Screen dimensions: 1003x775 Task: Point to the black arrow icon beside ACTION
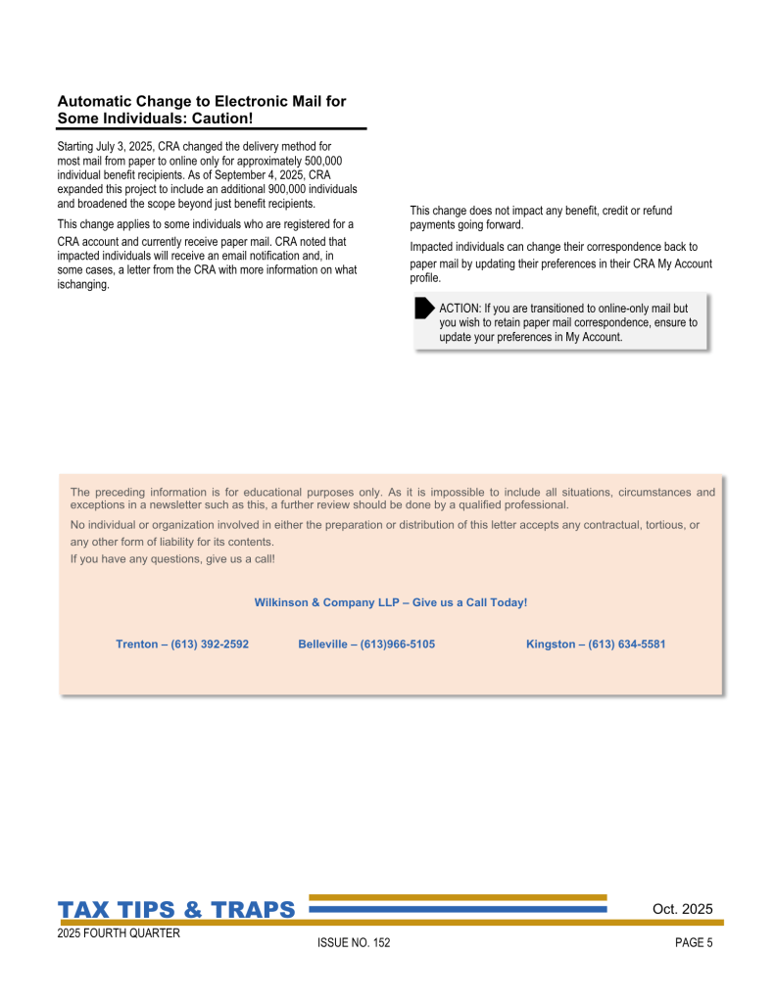coord(424,309)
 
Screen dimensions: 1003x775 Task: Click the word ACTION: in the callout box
coord(460,309)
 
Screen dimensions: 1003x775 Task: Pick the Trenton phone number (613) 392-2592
coord(210,645)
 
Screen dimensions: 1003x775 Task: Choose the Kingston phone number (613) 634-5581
coord(627,645)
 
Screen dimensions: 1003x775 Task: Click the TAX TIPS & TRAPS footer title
coord(176,910)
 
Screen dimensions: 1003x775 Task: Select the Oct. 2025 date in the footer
coord(682,909)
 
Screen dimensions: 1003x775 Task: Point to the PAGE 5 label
coord(694,943)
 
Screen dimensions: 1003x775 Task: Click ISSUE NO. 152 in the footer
coord(354,943)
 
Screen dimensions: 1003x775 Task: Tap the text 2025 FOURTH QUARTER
coord(119,934)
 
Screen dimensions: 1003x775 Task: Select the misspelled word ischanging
coord(83,285)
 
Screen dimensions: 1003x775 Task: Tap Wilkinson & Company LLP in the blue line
coord(327,602)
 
